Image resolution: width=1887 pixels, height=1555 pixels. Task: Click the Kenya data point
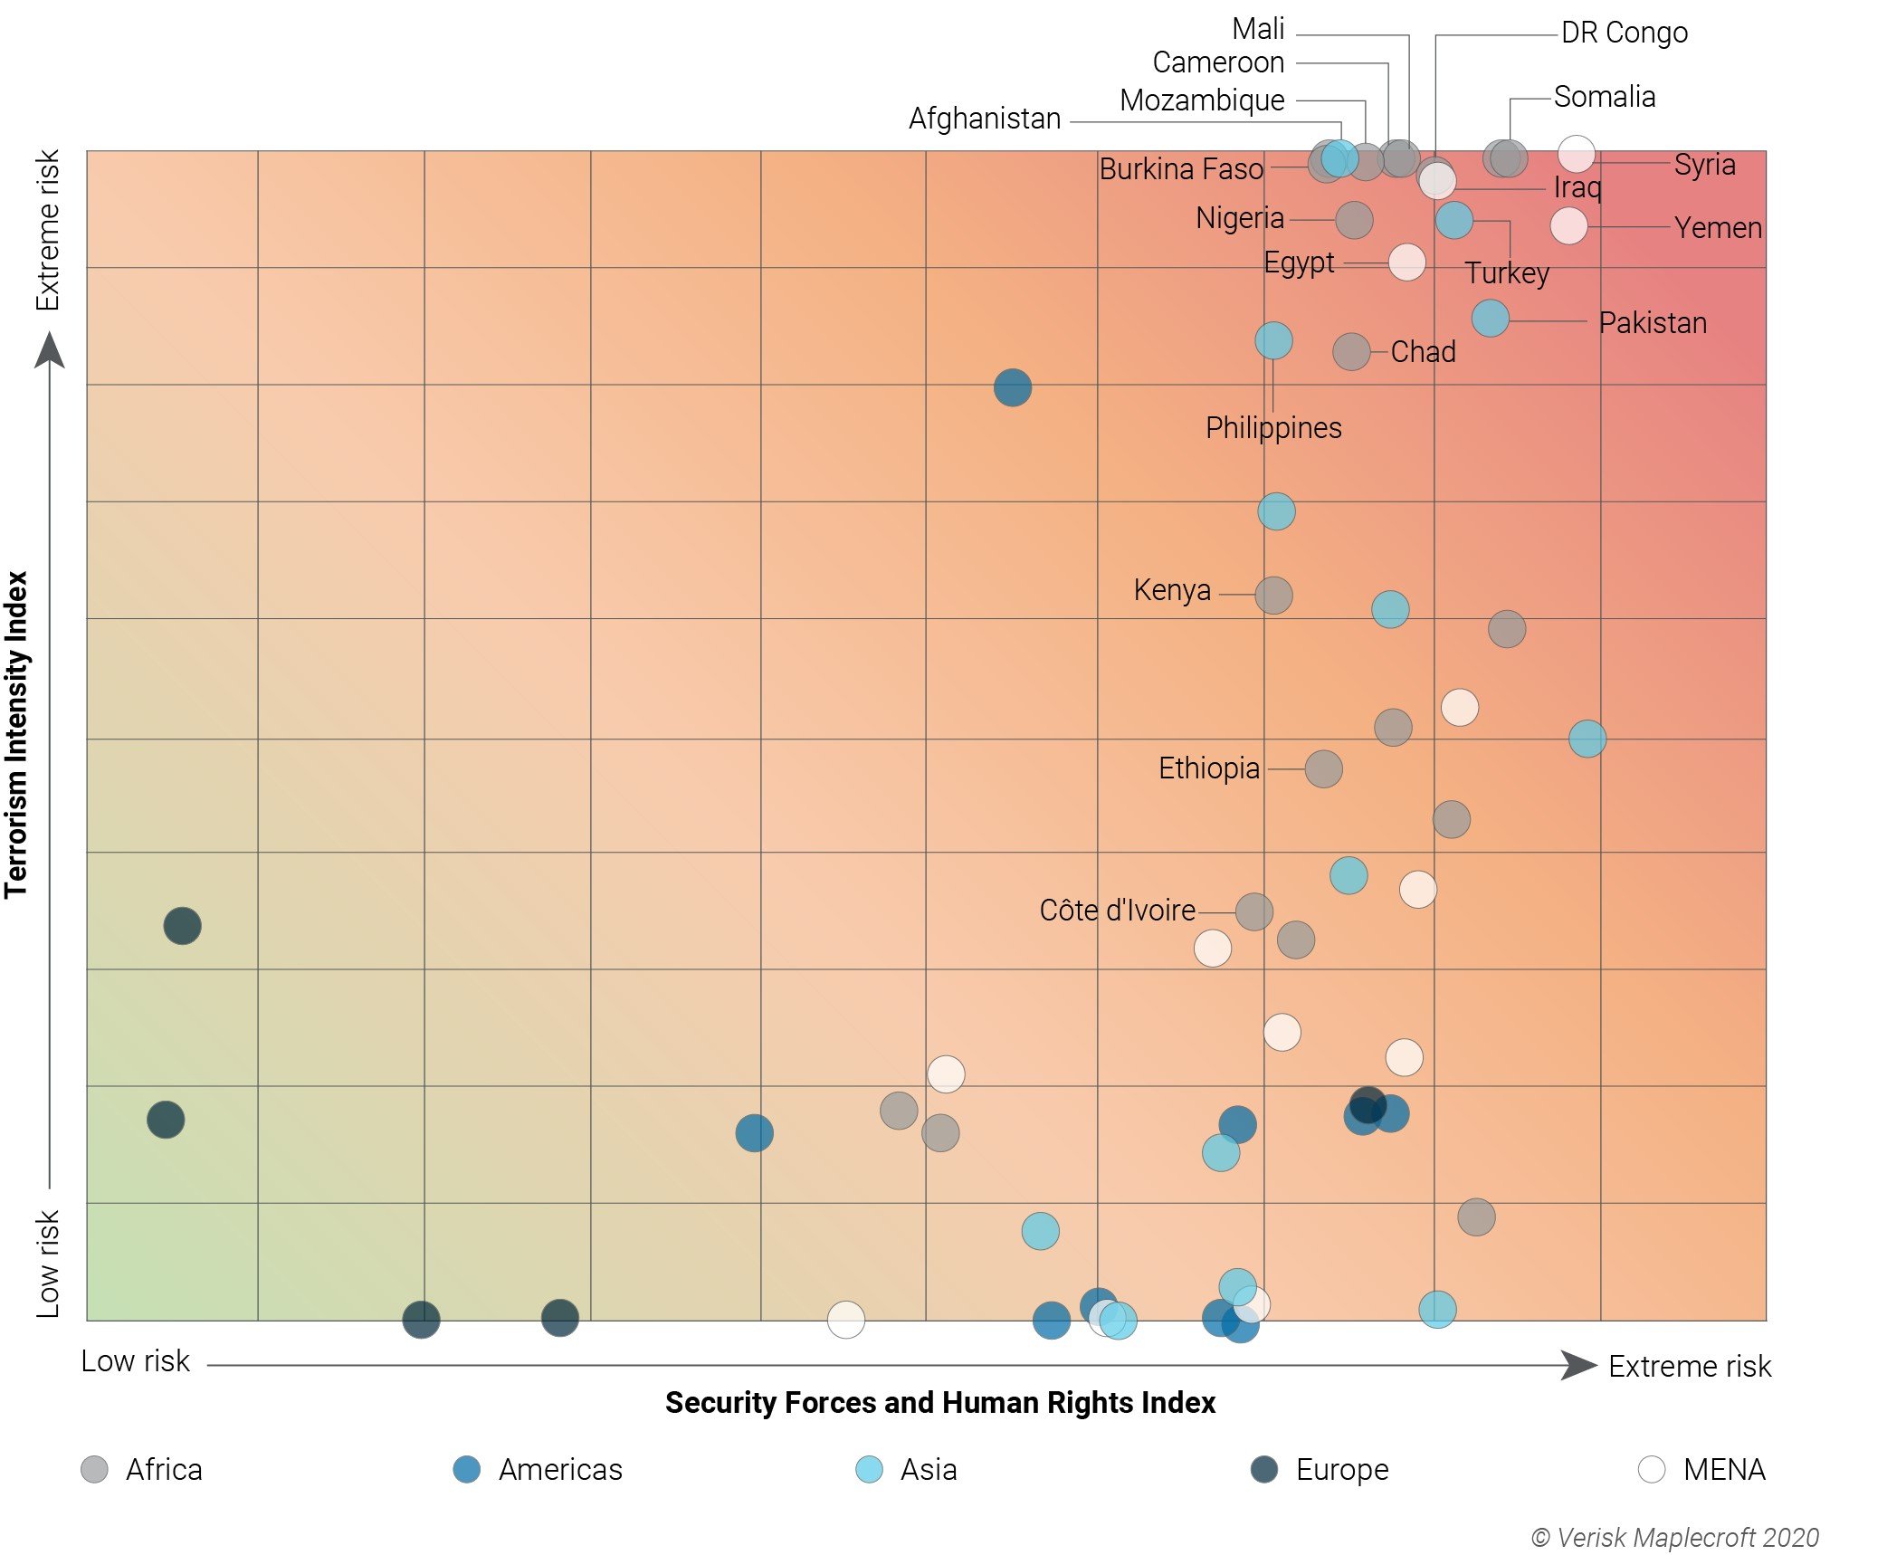coord(1273,596)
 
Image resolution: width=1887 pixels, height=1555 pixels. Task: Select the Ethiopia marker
coord(1323,769)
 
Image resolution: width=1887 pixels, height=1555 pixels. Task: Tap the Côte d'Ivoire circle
coord(1253,911)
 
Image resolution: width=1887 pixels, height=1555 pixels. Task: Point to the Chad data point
coord(1350,352)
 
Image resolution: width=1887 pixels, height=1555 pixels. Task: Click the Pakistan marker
coord(1490,319)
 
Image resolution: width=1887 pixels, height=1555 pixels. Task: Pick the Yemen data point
coord(1568,225)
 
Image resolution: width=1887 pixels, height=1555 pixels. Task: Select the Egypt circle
coord(1406,262)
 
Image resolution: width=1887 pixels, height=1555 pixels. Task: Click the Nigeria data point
coord(1354,220)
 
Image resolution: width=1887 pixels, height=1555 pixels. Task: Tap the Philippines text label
coord(1272,428)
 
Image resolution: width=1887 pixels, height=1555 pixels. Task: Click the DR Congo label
coord(1624,33)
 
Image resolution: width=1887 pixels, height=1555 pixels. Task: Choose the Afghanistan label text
coord(985,119)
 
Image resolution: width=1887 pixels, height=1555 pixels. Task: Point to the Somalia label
coord(1604,97)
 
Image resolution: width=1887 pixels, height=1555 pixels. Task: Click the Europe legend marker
coord(1263,1469)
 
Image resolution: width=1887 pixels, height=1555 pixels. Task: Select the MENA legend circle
coord(1651,1469)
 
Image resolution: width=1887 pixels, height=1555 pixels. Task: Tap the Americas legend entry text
coord(560,1469)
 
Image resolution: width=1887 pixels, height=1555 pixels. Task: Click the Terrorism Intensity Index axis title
coord(16,734)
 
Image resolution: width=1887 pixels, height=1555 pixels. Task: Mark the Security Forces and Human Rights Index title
coord(939,1402)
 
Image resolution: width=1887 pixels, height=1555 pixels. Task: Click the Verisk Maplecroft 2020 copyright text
coord(1674,1538)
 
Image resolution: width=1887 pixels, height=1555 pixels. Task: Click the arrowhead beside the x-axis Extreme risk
coord(1578,1365)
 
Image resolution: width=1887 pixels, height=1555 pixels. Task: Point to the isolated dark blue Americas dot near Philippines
coord(1012,388)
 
